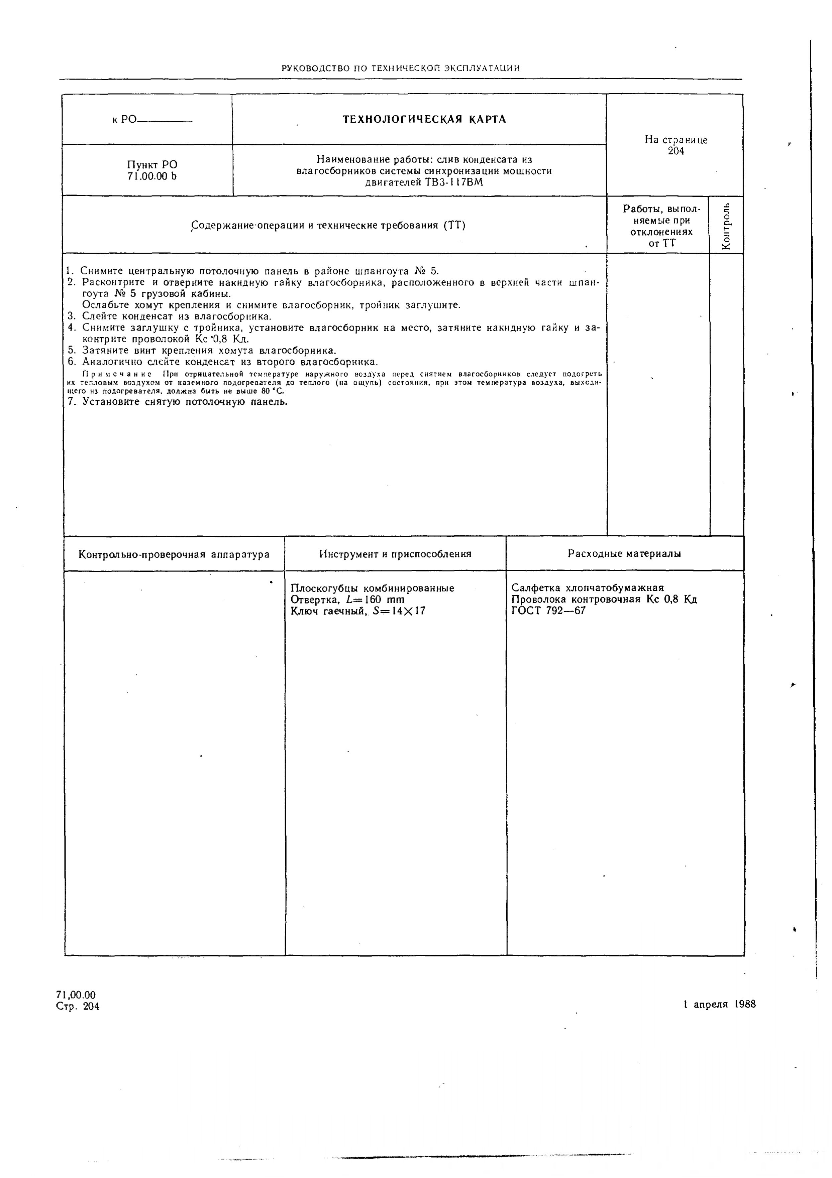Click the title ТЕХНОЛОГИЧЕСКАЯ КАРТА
tap(424, 120)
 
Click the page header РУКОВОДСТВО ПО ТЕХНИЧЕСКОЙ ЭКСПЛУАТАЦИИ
tap(401, 68)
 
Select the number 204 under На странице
tap(675, 151)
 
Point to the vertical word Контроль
tap(726, 226)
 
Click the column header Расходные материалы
tap(624, 554)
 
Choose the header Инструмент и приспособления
tap(395, 554)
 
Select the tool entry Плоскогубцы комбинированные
tap(372, 588)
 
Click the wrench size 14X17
tap(408, 611)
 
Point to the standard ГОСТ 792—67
tap(548, 611)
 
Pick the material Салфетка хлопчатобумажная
tap(588, 588)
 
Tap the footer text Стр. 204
tap(78, 1007)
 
